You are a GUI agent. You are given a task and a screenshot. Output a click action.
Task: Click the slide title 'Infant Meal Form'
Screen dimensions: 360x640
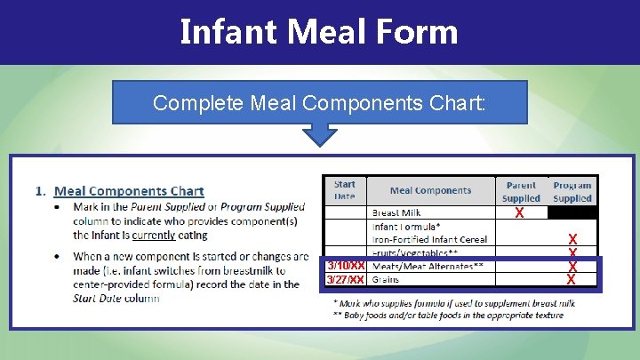(319, 32)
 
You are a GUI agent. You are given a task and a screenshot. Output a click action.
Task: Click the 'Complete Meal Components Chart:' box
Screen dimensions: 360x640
(319, 102)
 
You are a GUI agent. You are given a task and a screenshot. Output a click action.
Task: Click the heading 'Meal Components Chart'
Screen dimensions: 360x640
(129, 191)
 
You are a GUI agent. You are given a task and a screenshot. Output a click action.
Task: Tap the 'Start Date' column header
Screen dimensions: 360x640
(344, 190)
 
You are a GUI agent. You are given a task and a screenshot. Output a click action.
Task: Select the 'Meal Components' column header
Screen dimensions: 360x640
(430, 190)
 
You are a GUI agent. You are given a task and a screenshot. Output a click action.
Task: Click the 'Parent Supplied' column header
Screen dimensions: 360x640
(521, 191)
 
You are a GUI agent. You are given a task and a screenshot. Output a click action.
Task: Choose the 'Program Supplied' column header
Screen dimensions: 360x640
(572, 191)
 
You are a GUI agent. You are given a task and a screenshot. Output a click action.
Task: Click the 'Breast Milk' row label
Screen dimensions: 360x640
(396, 213)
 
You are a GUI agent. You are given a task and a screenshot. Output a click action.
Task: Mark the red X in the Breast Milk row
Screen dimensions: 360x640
(520, 214)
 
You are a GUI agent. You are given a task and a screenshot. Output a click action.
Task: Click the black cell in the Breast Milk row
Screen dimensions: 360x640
(572, 213)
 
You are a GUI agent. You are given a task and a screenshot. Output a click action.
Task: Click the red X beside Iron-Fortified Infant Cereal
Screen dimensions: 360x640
(572, 240)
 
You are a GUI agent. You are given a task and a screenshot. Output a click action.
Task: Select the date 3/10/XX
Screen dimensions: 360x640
(346, 267)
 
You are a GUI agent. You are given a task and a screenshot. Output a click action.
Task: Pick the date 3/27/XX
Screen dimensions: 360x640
(346, 280)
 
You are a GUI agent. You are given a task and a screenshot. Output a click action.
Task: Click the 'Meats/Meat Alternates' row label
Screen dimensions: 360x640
(428, 267)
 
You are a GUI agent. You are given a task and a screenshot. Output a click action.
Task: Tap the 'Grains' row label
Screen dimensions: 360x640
(386, 280)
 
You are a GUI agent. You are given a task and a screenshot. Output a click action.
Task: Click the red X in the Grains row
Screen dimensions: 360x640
(572, 280)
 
